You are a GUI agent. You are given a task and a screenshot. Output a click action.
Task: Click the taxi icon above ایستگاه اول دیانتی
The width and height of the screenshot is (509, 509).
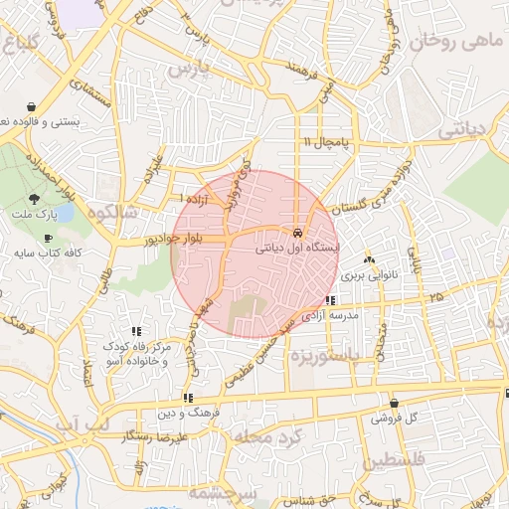tap(297, 233)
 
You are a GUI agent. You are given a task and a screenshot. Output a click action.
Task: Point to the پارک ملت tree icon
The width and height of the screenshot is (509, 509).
tap(36, 200)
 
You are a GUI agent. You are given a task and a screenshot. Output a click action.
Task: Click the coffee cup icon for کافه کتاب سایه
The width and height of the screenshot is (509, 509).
tap(48, 240)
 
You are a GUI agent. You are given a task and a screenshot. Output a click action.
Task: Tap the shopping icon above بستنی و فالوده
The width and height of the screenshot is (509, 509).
tap(33, 106)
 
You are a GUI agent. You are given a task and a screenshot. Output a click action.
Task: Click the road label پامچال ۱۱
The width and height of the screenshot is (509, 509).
tap(327, 144)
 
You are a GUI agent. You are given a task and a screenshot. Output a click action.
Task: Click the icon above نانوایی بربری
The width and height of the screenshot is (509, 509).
tap(370, 259)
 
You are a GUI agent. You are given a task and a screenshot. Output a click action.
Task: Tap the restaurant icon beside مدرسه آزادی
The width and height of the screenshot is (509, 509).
tap(331, 300)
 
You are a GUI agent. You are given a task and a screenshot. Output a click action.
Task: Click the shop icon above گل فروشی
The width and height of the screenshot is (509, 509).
tap(395, 404)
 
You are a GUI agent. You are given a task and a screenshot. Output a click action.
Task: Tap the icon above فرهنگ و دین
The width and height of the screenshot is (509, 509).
tap(189, 398)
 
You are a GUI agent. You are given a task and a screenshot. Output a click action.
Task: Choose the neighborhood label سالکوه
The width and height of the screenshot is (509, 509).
tap(111, 210)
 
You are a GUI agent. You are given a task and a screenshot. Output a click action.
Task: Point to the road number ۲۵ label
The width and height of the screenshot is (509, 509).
tap(436, 296)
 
